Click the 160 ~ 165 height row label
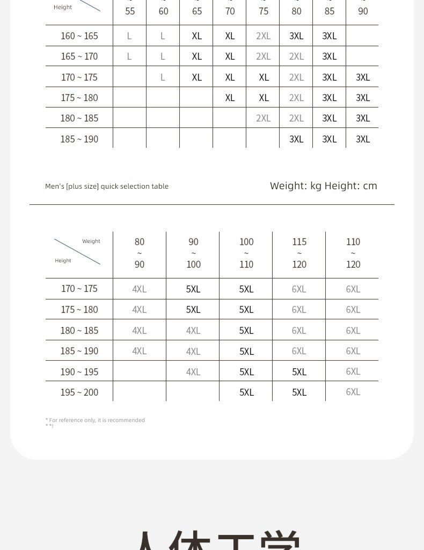pos(79,36)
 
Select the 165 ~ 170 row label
pos(79,56)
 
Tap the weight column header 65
pos(197,11)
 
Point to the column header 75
pos(264,11)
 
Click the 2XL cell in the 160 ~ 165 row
pos(264,36)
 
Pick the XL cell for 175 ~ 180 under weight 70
pos(230,98)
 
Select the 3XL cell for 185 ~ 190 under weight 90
pos(363,139)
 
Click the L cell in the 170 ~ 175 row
pos(163,77)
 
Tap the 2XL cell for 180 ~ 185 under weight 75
pos(264,118)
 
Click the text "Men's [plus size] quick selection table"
pos(107,187)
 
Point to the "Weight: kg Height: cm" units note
pos(323,186)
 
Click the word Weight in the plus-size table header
pos(91,241)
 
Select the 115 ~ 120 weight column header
pos(299,253)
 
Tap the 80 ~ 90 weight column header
pos(140,253)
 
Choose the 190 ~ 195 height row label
pos(79,372)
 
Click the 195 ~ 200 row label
pos(79,392)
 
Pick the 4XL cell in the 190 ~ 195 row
pos(193,372)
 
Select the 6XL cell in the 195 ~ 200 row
pos(353,392)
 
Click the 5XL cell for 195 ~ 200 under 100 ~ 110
pos(246,392)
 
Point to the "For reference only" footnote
pos(96,420)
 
